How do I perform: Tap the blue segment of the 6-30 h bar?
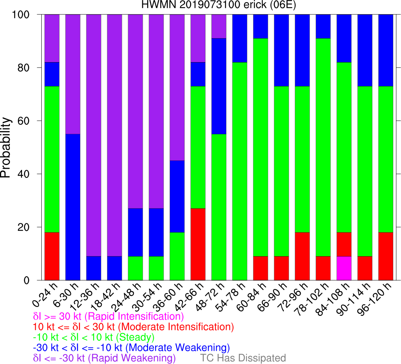point(73,207)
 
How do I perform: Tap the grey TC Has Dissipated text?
point(243,358)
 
